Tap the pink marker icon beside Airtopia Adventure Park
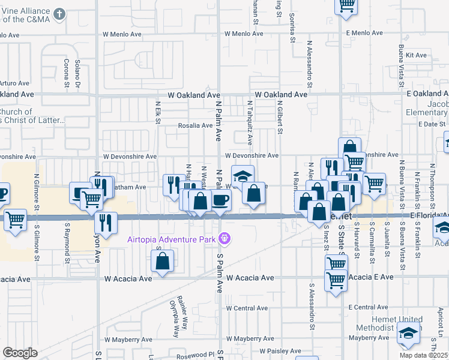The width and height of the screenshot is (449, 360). (225, 239)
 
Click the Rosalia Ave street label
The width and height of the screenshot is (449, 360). (195, 125)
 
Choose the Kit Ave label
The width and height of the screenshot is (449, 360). (416, 55)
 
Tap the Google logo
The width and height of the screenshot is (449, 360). (20, 352)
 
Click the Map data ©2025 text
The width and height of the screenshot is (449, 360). (424, 355)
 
